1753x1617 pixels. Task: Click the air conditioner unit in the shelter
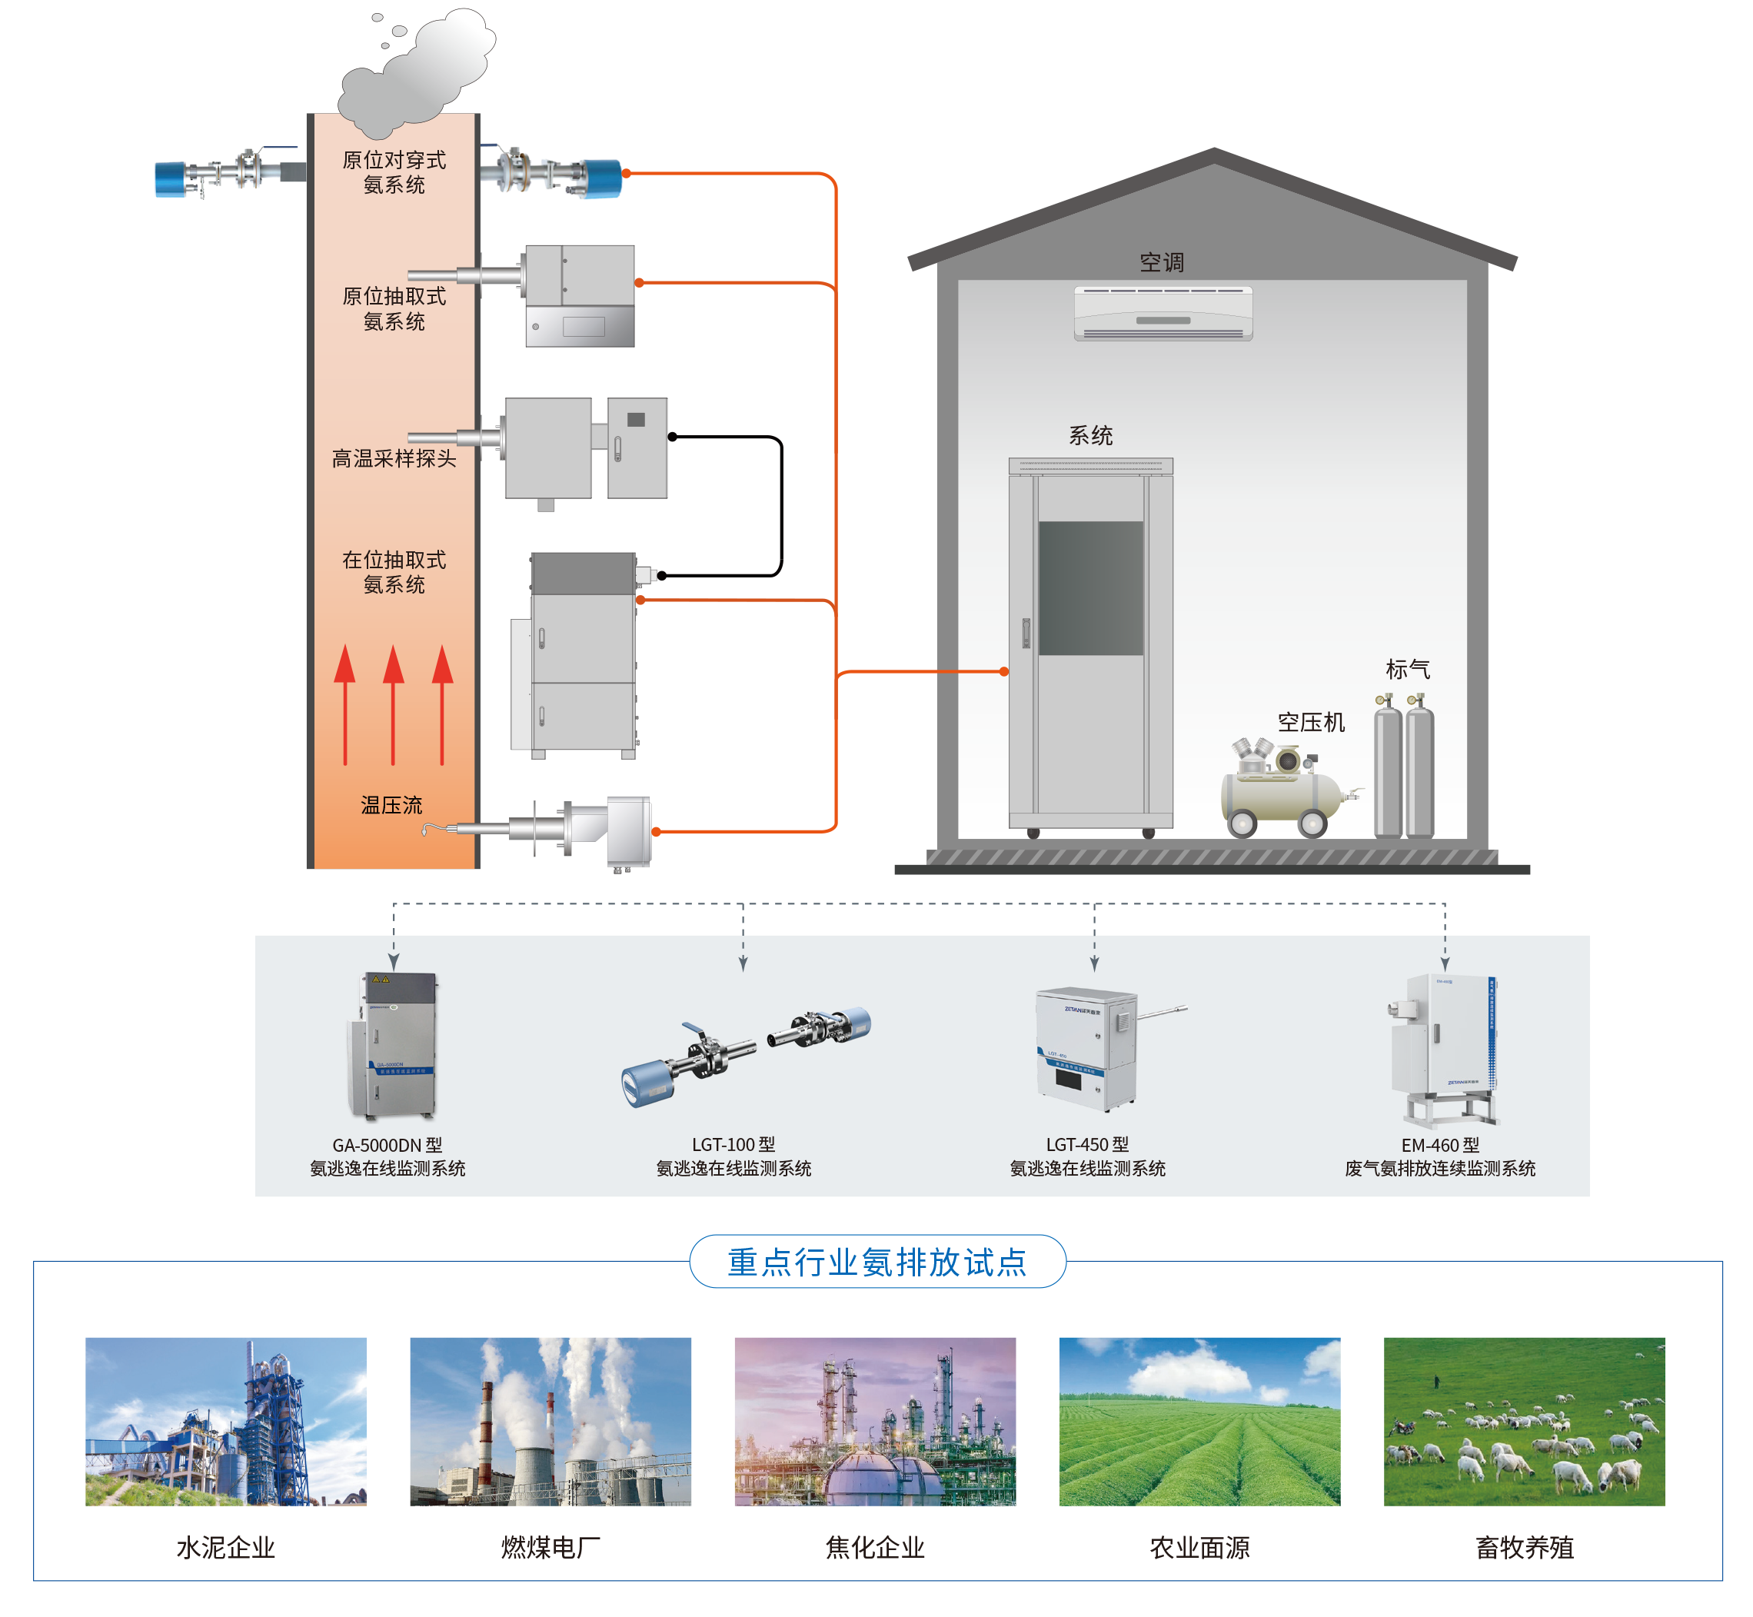click(x=1163, y=312)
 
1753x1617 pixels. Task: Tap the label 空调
click(x=1162, y=261)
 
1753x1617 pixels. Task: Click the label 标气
click(x=1408, y=670)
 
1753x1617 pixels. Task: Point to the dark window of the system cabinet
click(x=1091, y=588)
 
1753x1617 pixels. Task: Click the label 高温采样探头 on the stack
click(x=394, y=458)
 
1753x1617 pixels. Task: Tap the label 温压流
click(x=391, y=805)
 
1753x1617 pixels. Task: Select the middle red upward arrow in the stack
click(x=394, y=704)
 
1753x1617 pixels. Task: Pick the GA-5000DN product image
click(x=391, y=1046)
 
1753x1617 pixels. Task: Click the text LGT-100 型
click(x=733, y=1144)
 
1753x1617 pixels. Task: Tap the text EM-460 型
click(x=1440, y=1146)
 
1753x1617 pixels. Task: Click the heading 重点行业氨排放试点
click(x=876, y=1262)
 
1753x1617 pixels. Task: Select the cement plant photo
click(x=226, y=1421)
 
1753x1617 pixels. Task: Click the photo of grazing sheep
click(x=1524, y=1421)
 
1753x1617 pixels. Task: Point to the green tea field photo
click(x=1199, y=1421)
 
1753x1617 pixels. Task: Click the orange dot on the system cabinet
click(x=1004, y=672)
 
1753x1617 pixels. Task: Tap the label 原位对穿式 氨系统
click(x=394, y=172)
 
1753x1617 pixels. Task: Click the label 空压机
click(x=1310, y=722)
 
